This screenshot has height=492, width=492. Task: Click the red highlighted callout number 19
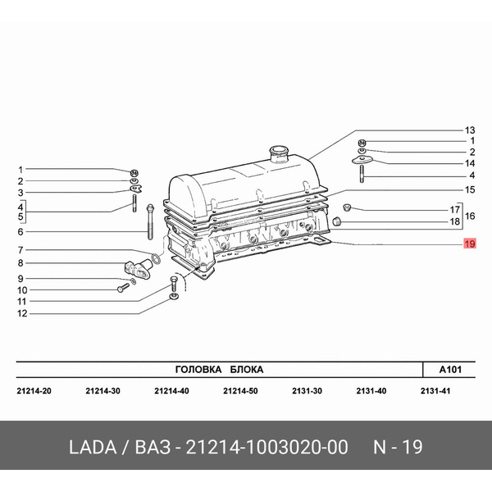click(469, 244)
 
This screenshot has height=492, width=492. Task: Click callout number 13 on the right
click(469, 130)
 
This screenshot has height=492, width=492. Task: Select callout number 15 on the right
click(469, 189)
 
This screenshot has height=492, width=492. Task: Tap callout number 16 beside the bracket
click(471, 216)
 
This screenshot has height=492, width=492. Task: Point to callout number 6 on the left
click(22, 232)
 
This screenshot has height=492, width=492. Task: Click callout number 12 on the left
click(22, 313)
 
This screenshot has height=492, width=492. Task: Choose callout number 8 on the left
click(22, 263)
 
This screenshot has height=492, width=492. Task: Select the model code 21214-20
click(34, 390)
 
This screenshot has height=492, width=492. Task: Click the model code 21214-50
click(241, 390)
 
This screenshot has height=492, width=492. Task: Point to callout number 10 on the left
click(22, 289)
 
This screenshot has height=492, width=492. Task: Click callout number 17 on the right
click(452, 210)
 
